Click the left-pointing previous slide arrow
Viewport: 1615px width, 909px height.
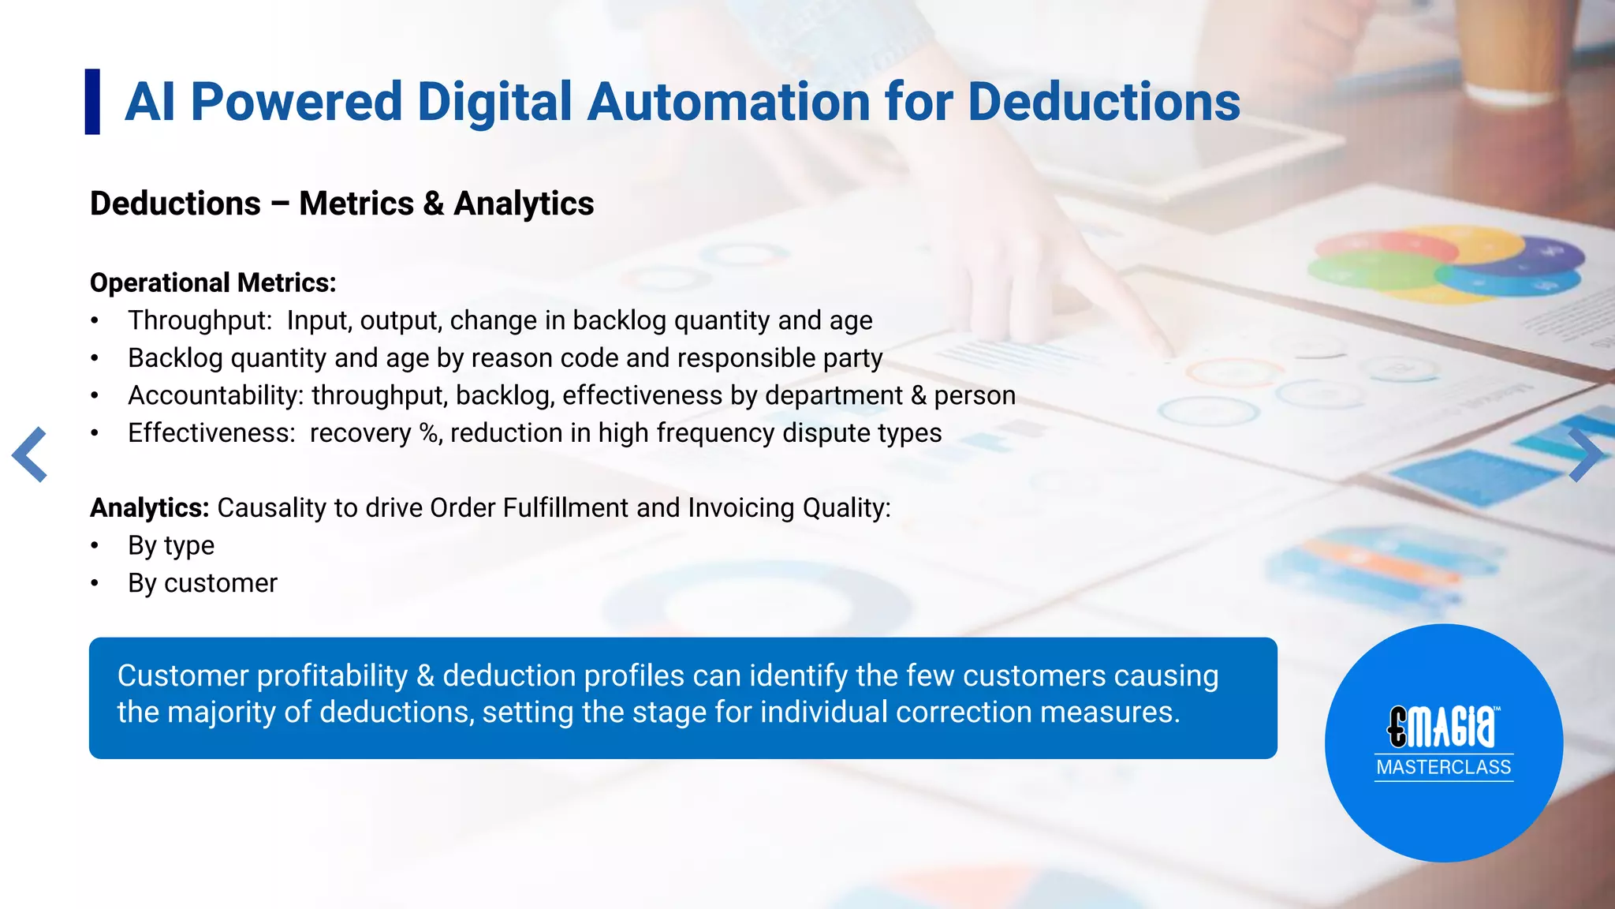(x=30, y=454)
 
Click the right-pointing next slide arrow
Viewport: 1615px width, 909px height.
(x=1584, y=454)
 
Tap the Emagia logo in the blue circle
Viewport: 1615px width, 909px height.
(x=1443, y=726)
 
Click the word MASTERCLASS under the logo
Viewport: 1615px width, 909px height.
(x=1443, y=767)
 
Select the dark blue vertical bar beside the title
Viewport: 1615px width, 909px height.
(x=92, y=102)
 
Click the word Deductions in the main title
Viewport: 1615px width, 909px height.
(x=1103, y=102)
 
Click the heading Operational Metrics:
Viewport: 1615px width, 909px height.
(x=213, y=282)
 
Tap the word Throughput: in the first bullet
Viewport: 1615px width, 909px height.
(x=200, y=320)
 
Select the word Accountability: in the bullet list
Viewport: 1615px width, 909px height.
(x=215, y=395)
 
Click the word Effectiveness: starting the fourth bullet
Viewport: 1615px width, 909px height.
(x=211, y=433)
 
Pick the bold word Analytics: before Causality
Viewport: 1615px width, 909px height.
(x=149, y=507)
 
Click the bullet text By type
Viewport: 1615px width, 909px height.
(x=171, y=545)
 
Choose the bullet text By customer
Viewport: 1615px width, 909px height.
(x=203, y=583)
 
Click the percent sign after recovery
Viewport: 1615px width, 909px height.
(x=430, y=433)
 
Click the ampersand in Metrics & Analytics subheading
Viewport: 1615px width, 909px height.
(x=433, y=204)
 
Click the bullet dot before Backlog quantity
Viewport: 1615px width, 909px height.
(x=95, y=358)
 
